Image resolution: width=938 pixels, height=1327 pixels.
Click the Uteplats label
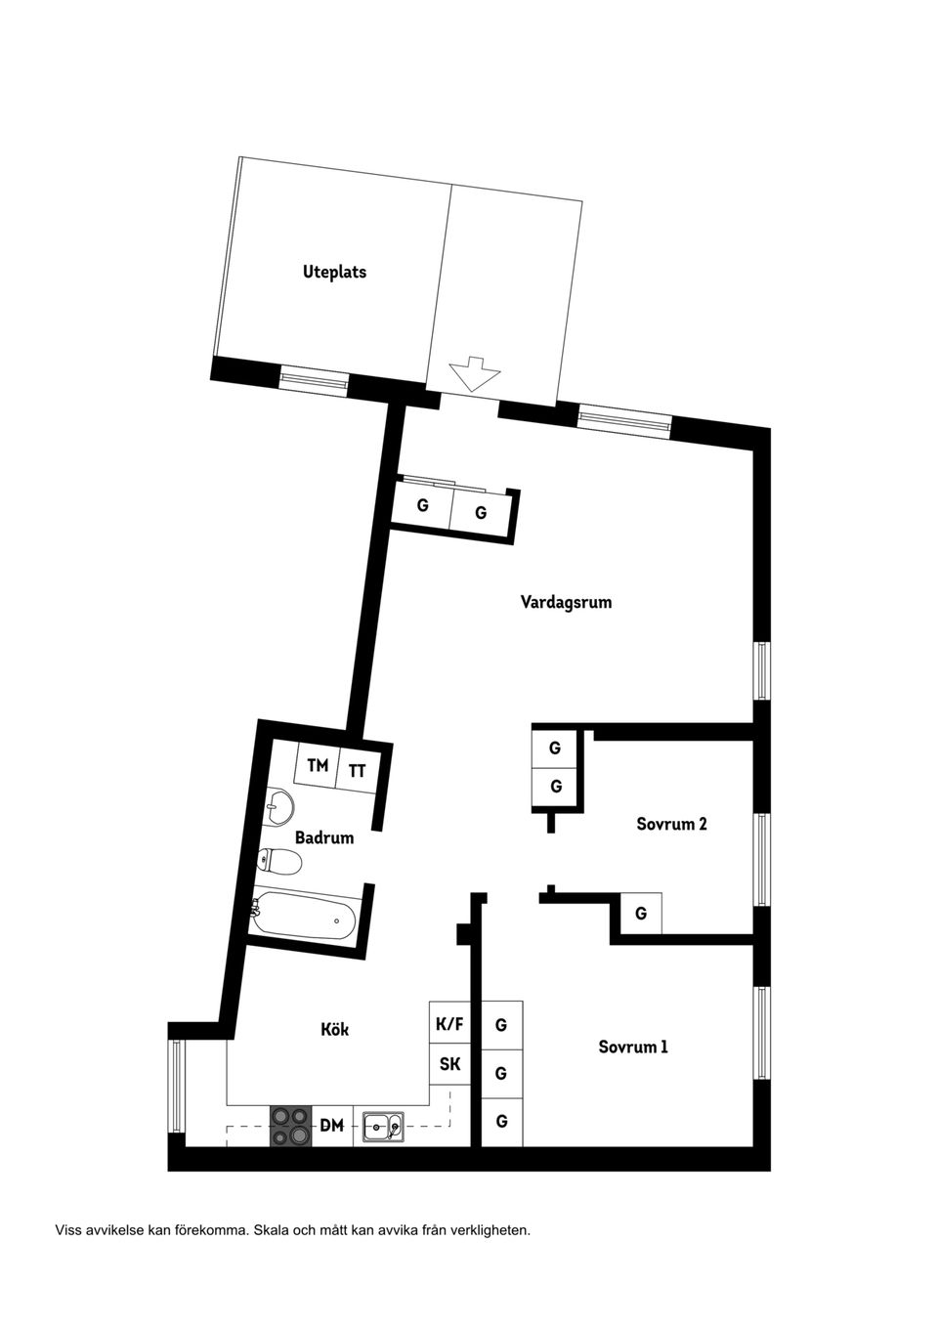point(334,272)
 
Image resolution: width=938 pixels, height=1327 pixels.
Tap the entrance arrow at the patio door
point(474,374)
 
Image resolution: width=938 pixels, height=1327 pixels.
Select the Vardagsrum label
point(566,602)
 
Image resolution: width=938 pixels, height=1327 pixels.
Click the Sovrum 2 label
point(671,824)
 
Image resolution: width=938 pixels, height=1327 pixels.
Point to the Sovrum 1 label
point(633,1047)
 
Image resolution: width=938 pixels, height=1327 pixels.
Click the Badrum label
point(324,837)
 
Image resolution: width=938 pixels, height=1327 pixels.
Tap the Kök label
point(334,1029)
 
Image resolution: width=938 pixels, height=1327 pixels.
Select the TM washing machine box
point(317,766)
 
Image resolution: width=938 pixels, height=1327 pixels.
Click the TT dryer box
point(358,770)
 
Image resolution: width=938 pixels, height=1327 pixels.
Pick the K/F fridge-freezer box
point(449,1024)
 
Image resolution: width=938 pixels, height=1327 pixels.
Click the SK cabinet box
point(449,1064)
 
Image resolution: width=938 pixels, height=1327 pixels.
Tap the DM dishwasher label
point(332,1126)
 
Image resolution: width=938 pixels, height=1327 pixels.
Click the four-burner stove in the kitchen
point(290,1126)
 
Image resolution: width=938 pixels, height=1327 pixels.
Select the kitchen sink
point(383,1127)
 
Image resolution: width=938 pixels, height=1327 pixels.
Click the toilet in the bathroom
point(280,862)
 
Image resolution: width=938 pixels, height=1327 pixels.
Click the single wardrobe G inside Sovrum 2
point(641,914)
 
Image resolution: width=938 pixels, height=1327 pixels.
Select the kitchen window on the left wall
point(177,1086)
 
